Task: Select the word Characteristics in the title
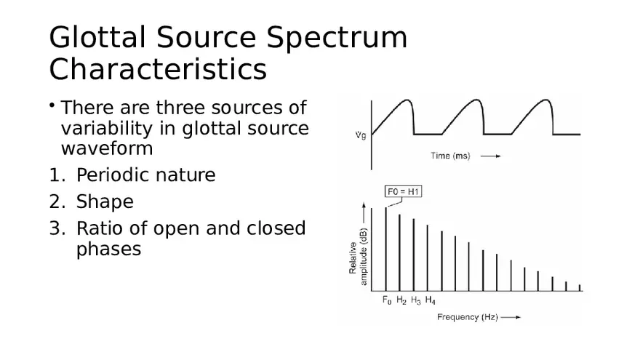click(x=158, y=70)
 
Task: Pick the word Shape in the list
click(x=105, y=201)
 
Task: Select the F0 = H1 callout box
click(x=402, y=192)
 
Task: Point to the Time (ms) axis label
click(x=450, y=156)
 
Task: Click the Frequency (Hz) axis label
click(x=468, y=318)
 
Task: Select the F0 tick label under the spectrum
click(x=386, y=300)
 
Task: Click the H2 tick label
click(x=401, y=300)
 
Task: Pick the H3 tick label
click(x=415, y=300)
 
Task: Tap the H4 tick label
click(x=430, y=300)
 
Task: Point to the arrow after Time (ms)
click(x=491, y=156)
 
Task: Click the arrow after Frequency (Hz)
click(x=511, y=318)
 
